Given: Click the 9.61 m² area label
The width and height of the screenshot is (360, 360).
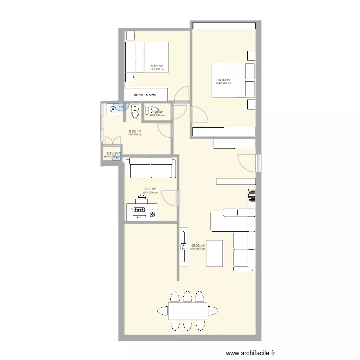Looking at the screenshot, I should click(x=156, y=66).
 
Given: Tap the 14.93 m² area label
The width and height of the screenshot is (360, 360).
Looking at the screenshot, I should click(x=223, y=80).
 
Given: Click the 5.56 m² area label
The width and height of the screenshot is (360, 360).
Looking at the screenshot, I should click(x=134, y=132).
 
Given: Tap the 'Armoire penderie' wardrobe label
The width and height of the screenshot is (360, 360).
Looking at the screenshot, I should click(x=146, y=95).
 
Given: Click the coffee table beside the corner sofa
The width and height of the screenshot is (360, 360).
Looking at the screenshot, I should click(x=214, y=253).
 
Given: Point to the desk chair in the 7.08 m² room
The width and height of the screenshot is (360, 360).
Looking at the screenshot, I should click(x=142, y=197).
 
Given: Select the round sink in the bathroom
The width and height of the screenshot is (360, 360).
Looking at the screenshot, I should click(x=114, y=109).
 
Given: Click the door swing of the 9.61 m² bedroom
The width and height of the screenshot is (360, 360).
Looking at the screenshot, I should click(x=181, y=94).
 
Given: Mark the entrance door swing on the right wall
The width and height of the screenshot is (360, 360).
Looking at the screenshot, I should click(x=247, y=162).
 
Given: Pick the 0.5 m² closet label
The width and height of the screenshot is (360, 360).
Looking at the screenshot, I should click(x=111, y=154).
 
